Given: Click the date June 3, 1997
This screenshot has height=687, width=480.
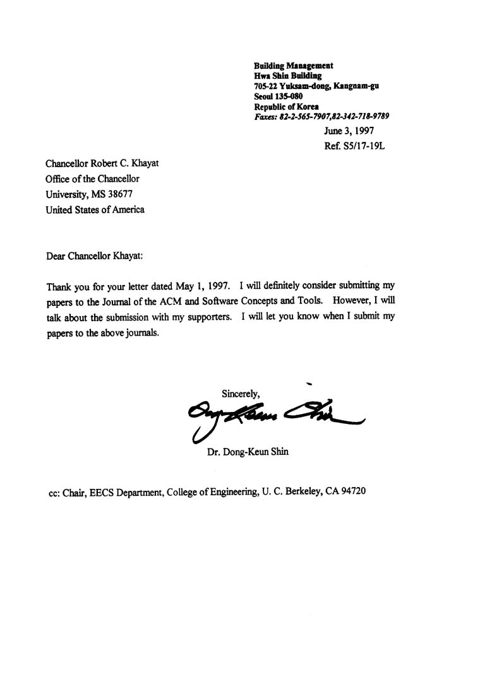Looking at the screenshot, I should [349, 132].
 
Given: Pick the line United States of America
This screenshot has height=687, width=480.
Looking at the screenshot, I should [95, 209].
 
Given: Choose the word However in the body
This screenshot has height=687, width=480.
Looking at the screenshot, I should [355, 302].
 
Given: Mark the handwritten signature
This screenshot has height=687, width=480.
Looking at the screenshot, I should [272, 416].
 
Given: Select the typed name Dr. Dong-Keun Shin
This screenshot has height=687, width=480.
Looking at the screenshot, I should [248, 452].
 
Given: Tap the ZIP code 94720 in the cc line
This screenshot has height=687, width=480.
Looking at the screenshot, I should [352, 491].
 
